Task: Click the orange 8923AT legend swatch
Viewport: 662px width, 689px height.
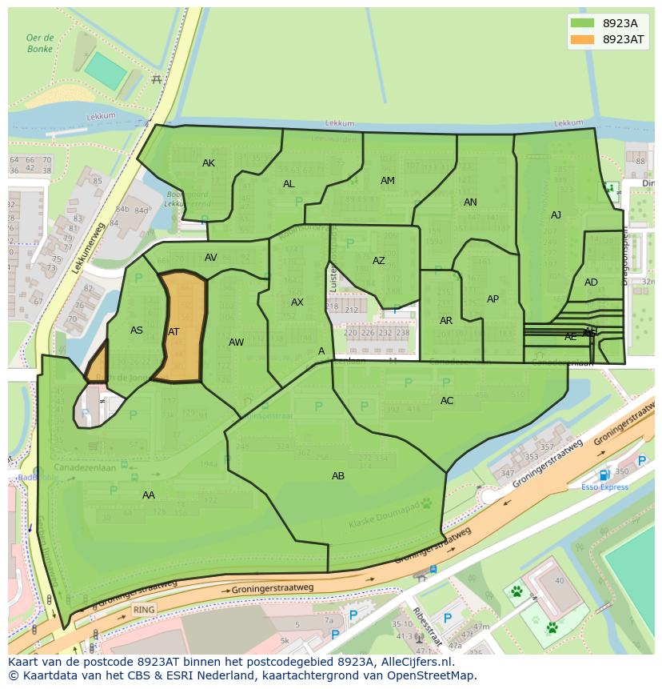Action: pyautogui.click(x=583, y=39)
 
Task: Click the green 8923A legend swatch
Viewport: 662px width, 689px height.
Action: pyautogui.click(x=583, y=23)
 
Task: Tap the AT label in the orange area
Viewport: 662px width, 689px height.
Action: pyautogui.click(x=173, y=332)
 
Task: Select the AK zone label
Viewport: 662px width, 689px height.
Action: pyautogui.click(x=209, y=163)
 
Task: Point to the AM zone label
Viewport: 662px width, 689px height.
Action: pyautogui.click(x=388, y=181)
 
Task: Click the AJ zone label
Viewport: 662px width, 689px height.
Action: pyautogui.click(x=556, y=214)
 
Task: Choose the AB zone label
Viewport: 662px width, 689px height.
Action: pyautogui.click(x=338, y=476)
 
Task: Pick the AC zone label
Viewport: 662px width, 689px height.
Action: pyautogui.click(x=447, y=401)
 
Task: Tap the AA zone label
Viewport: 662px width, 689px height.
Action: pyautogui.click(x=149, y=495)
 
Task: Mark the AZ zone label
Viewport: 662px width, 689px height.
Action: pyautogui.click(x=379, y=261)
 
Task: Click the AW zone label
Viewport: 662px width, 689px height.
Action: pyautogui.click(x=237, y=342)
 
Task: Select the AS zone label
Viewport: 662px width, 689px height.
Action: pyautogui.click(x=137, y=330)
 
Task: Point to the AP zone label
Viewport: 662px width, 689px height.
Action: pyautogui.click(x=493, y=299)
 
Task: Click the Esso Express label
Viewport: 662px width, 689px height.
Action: pyautogui.click(x=604, y=487)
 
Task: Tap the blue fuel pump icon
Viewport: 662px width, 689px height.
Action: pyautogui.click(x=604, y=475)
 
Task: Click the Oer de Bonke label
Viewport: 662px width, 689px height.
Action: pyautogui.click(x=39, y=43)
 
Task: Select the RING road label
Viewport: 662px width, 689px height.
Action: pyautogui.click(x=144, y=610)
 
